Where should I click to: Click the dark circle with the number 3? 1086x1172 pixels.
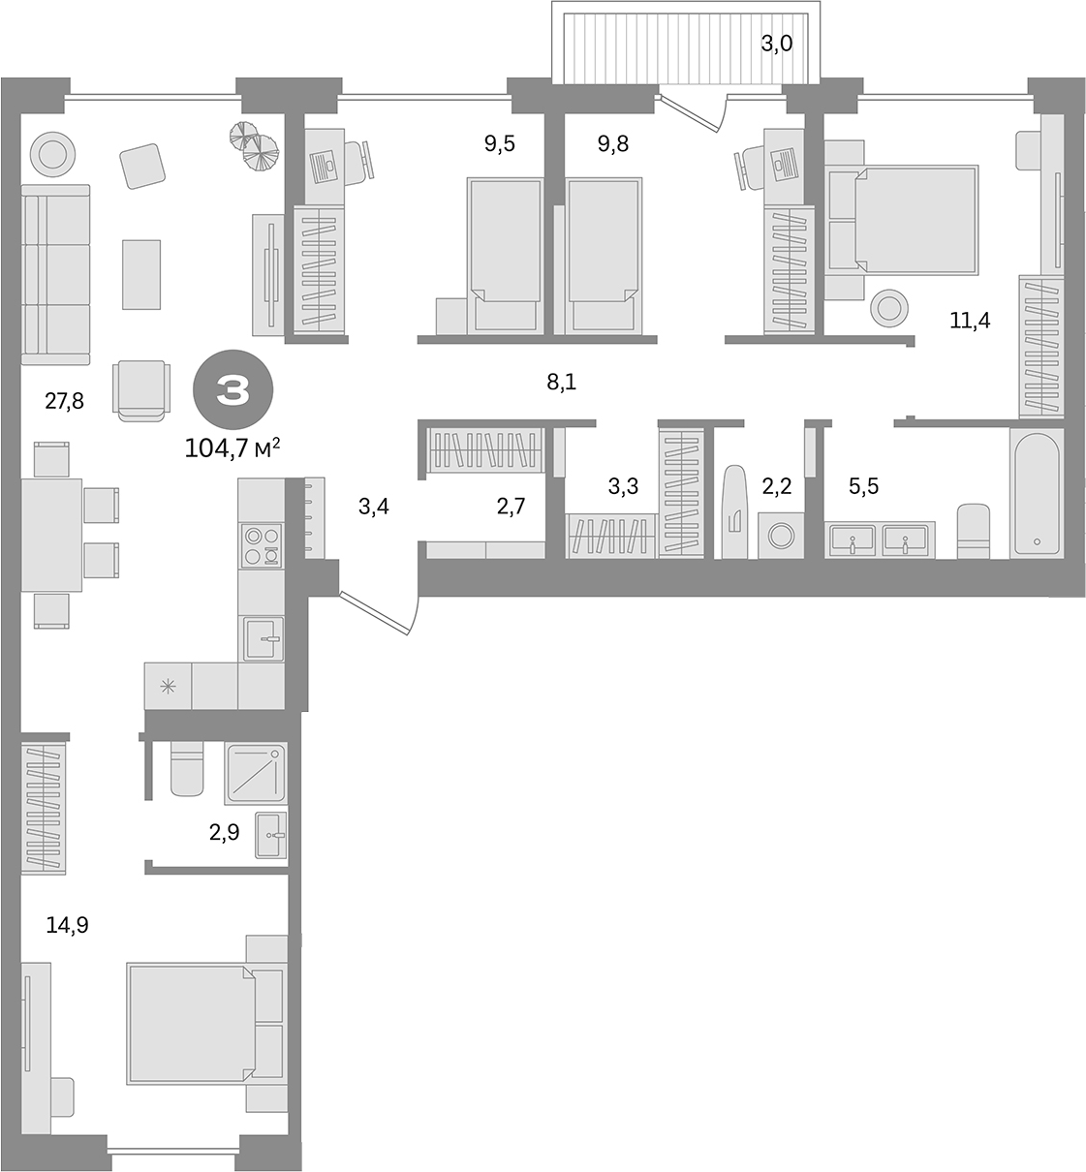click(x=233, y=391)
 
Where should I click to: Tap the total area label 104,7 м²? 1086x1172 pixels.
click(x=233, y=447)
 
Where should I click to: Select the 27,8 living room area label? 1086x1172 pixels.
click(x=64, y=400)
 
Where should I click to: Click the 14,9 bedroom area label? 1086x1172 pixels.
click(x=68, y=924)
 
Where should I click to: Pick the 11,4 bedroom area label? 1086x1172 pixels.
click(x=969, y=320)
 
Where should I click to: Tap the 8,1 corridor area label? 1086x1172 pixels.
click(x=561, y=382)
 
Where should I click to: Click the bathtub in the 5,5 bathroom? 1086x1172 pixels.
click(x=1037, y=494)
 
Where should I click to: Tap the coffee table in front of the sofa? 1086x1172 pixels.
click(x=141, y=273)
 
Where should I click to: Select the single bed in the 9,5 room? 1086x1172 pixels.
click(x=504, y=240)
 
